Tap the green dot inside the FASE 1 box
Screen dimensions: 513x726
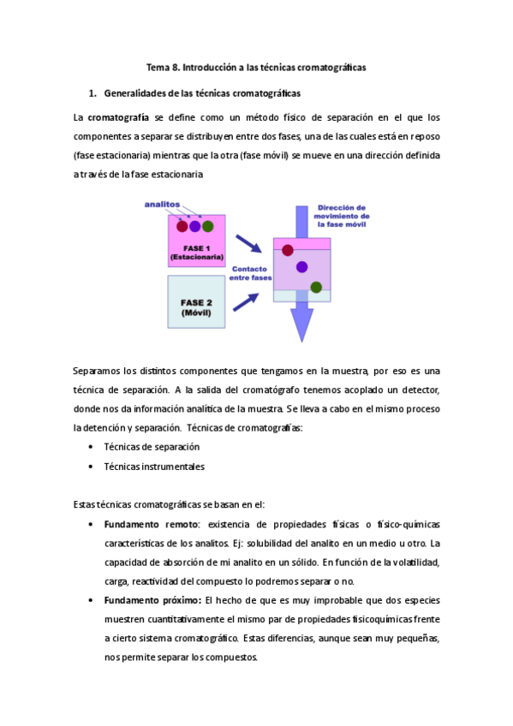tap(207, 227)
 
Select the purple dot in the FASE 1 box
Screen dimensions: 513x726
tap(194, 227)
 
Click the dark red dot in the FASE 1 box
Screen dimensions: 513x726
tap(182, 227)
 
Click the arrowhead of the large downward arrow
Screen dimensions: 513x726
tap(301, 323)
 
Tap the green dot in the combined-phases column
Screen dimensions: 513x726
tap(316, 287)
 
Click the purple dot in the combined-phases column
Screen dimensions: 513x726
tap(301, 267)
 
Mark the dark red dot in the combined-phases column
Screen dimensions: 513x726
tap(288, 250)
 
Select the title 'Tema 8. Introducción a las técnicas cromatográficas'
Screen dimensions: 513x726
tap(256, 67)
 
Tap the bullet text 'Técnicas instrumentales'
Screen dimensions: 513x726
tap(154, 467)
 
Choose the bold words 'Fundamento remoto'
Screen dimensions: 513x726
tap(151, 524)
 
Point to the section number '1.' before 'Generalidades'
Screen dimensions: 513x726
tap(92, 92)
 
